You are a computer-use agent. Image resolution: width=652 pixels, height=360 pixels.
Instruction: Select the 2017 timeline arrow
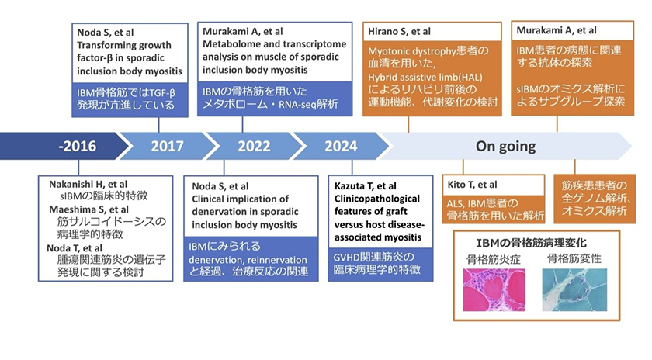167,146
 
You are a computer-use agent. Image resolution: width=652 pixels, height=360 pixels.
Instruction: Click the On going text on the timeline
505,146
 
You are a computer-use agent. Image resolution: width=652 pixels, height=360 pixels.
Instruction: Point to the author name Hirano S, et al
398,31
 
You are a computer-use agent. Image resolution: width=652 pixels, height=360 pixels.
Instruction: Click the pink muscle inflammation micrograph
494,289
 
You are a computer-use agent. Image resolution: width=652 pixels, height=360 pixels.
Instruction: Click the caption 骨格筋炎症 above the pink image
494,258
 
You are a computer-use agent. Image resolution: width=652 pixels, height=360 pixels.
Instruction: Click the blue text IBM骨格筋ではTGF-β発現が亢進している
128,99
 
